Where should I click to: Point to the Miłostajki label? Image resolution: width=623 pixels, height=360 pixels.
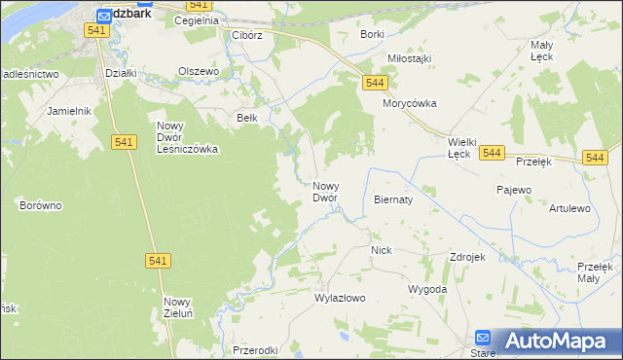[x=409, y=58]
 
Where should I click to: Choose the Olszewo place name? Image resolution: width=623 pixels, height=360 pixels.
[x=199, y=71]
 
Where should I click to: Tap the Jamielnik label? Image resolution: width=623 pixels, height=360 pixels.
[x=68, y=111]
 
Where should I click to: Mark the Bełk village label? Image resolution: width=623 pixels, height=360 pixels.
[x=247, y=119]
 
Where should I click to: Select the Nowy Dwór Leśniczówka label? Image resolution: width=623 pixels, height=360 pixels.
[x=188, y=137]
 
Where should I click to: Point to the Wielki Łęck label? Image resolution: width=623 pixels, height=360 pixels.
[x=459, y=147]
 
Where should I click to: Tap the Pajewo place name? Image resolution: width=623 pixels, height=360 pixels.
[x=513, y=190]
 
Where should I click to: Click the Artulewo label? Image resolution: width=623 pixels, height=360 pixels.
[x=569, y=208]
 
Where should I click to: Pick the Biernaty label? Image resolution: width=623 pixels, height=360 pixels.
[x=393, y=198]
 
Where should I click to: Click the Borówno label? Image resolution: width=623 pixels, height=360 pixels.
[x=41, y=205]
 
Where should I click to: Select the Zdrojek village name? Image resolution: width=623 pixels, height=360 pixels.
[x=467, y=257]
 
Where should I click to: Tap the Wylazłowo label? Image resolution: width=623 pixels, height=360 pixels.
[x=340, y=299]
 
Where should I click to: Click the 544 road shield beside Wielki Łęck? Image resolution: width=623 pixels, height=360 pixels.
[x=492, y=154]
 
